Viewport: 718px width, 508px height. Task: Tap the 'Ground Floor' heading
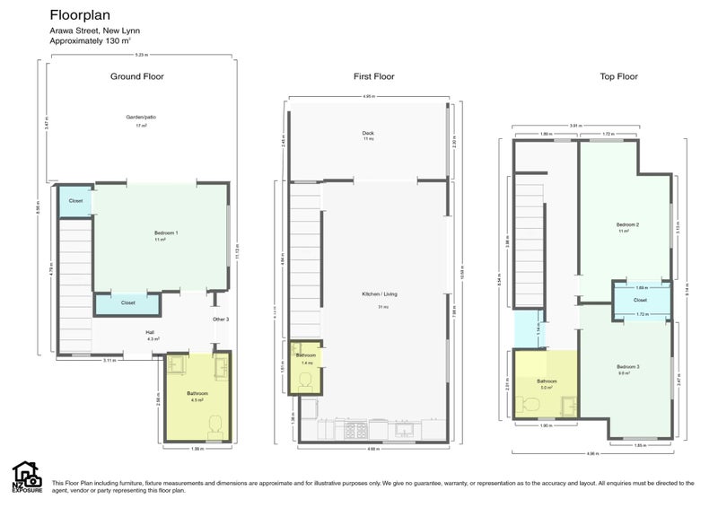point(136,76)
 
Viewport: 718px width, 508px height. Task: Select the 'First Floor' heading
point(373,76)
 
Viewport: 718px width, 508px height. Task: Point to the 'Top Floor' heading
point(618,76)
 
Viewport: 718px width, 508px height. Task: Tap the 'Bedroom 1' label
point(166,233)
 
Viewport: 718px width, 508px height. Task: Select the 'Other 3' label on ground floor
point(221,320)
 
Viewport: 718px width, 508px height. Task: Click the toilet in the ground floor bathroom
point(215,425)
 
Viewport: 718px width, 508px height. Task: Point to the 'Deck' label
point(368,134)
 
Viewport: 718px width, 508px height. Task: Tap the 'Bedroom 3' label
point(627,367)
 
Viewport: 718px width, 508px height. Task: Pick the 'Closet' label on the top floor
point(640,300)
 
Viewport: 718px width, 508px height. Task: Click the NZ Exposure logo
point(26,477)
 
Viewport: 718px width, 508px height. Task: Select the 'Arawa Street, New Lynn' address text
point(94,31)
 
